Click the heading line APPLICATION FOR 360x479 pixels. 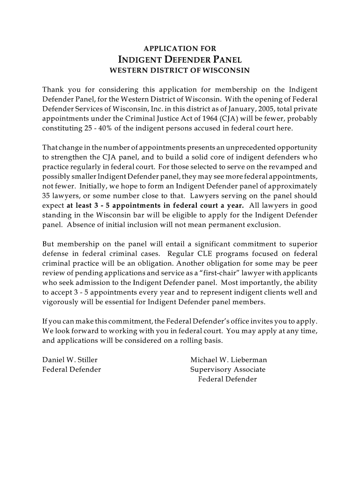pos(180,48)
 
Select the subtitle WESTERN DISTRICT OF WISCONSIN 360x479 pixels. pos(180,71)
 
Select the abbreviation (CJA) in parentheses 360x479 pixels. pos(239,118)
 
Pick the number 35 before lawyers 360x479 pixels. pos(47,196)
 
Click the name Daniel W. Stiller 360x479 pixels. pos(70,360)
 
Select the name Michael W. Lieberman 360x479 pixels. pos(229,360)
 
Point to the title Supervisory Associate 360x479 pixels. pos(228,370)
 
